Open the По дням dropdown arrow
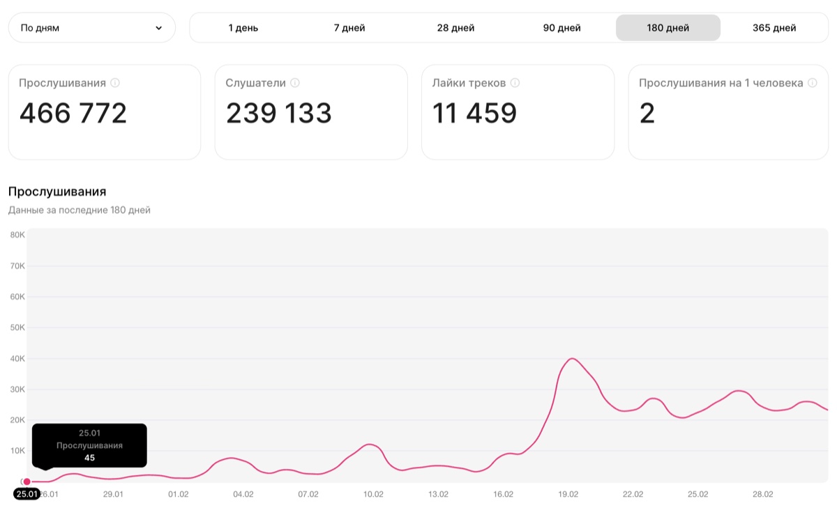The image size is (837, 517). tap(159, 28)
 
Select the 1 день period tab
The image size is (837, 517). tap(243, 28)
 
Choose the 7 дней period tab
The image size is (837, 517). tap(349, 28)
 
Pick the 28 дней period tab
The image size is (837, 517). tap(455, 28)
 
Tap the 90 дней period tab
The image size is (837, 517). tap(561, 28)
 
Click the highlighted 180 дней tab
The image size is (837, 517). tap(668, 28)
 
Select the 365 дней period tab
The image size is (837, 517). tap(774, 28)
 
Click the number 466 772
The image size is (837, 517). tap(73, 113)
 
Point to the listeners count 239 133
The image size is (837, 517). tap(279, 113)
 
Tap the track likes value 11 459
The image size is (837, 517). tap(474, 113)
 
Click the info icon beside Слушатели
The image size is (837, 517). tap(295, 83)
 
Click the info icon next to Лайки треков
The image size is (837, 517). tap(515, 83)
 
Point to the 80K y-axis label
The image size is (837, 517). tap(17, 235)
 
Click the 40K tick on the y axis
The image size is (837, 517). tap(17, 358)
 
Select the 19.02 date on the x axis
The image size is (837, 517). tap(568, 494)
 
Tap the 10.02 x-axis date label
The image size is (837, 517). tap(373, 494)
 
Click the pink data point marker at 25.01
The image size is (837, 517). tap(27, 481)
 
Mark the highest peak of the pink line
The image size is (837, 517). tap(572, 358)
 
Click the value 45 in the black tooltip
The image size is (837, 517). tap(89, 458)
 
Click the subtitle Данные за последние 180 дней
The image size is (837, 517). tap(80, 210)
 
